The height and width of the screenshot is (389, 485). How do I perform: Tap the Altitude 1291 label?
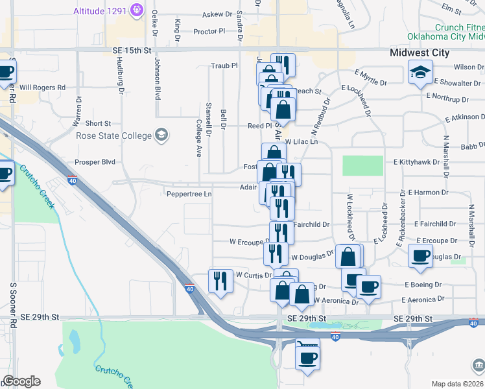[101, 11]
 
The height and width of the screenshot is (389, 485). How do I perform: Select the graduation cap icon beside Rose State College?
[161, 136]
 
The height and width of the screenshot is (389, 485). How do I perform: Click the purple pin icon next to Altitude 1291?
[136, 10]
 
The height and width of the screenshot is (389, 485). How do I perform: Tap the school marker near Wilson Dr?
[421, 73]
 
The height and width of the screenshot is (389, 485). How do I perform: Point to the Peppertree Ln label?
[189, 194]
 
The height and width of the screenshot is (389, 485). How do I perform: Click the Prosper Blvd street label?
[95, 161]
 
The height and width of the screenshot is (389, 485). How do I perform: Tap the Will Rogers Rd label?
[43, 87]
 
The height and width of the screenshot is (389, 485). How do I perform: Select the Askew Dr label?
[217, 14]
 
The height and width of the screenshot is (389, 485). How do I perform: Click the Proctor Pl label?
[209, 30]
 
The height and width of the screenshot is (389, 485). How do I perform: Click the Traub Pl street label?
[225, 65]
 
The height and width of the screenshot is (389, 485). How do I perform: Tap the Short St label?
[99, 123]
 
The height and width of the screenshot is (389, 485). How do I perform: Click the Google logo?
[21, 381]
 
